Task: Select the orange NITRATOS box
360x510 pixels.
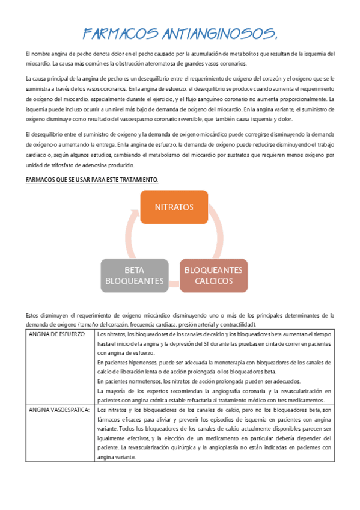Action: [174, 207]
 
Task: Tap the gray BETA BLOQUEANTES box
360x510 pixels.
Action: [134, 275]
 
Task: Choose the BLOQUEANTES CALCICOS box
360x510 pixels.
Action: [213, 275]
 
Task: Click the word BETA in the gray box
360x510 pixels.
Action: [134, 269]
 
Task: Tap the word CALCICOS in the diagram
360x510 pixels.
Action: [213, 280]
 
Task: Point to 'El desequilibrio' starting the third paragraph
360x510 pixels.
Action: [44, 134]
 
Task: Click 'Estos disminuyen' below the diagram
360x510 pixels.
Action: [46, 315]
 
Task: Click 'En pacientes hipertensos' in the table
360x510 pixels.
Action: [129, 363]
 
